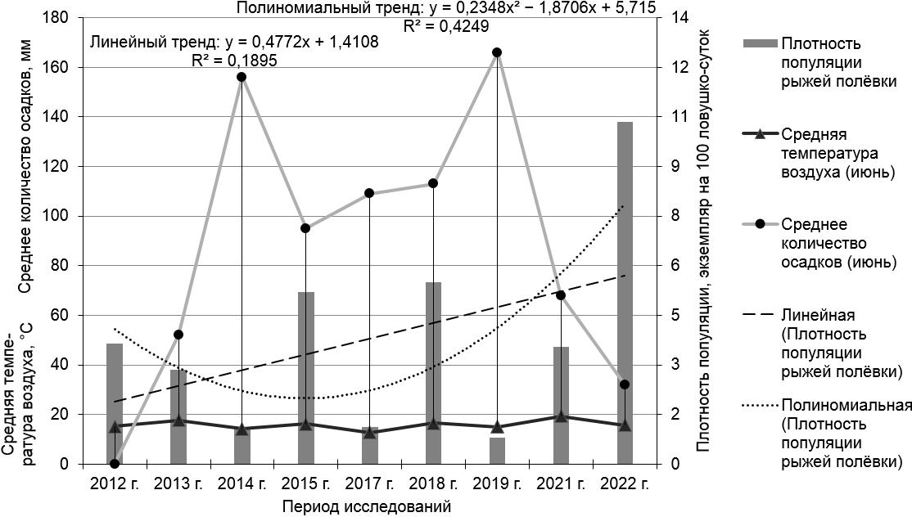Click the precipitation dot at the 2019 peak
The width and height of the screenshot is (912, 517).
(497, 52)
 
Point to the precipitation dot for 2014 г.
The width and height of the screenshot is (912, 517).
(242, 77)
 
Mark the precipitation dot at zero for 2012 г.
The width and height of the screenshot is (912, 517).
(115, 464)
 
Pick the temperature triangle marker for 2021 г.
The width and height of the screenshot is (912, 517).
(561, 416)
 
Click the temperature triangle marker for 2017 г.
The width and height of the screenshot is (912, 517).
(369, 432)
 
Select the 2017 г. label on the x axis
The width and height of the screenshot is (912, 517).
(369, 483)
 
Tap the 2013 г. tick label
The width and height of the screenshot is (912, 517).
(178, 483)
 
